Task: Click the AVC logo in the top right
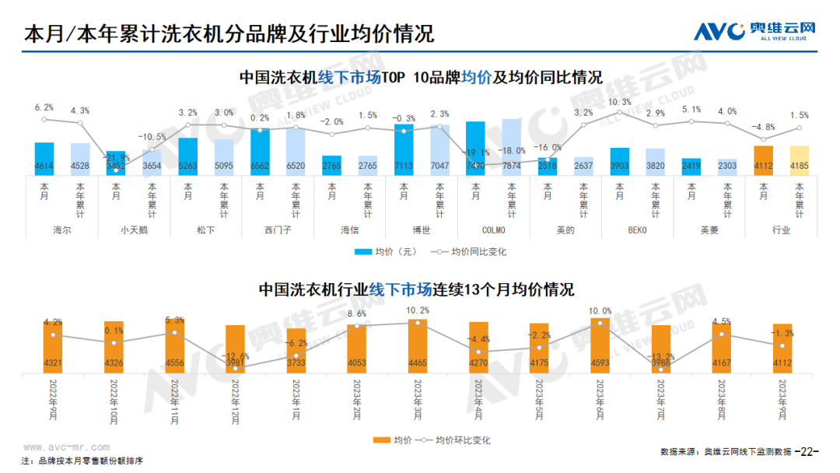coord(754,31)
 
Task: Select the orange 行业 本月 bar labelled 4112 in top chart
coord(763,159)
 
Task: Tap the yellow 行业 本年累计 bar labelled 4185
coord(799,159)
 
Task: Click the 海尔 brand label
coord(62,230)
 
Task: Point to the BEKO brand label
coord(637,230)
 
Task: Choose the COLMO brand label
coord(493,230)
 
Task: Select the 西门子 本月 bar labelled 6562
coord(261,152)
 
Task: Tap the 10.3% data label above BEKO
coord(619,102)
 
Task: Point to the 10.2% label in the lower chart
coord(418,310)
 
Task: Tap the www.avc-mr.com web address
coord(65,447)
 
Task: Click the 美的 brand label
coord(565,230)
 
